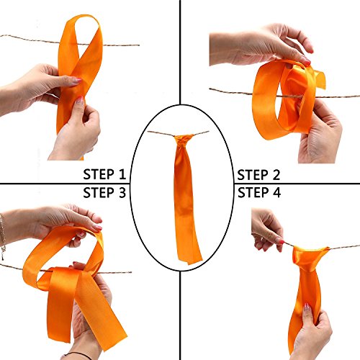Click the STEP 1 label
pyautogui.click(x=104, y=174)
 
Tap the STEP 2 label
pyautogui.click(x=258, y=175)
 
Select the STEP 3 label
pyautogui.click(x=104, y=193)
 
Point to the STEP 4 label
pyautogui.click(x=259, y=193)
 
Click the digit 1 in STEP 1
pyautogui.click(x=122, y=174)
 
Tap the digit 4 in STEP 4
pyautogui.click(x=276, y=193)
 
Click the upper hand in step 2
pyautogui.click(x=261, y=45)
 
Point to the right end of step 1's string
pyautogui.click(x=139, y=45)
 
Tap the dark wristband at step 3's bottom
pyautogui.click(x=78, y=355)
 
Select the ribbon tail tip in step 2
pyautogui.click(x=322, y=79)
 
